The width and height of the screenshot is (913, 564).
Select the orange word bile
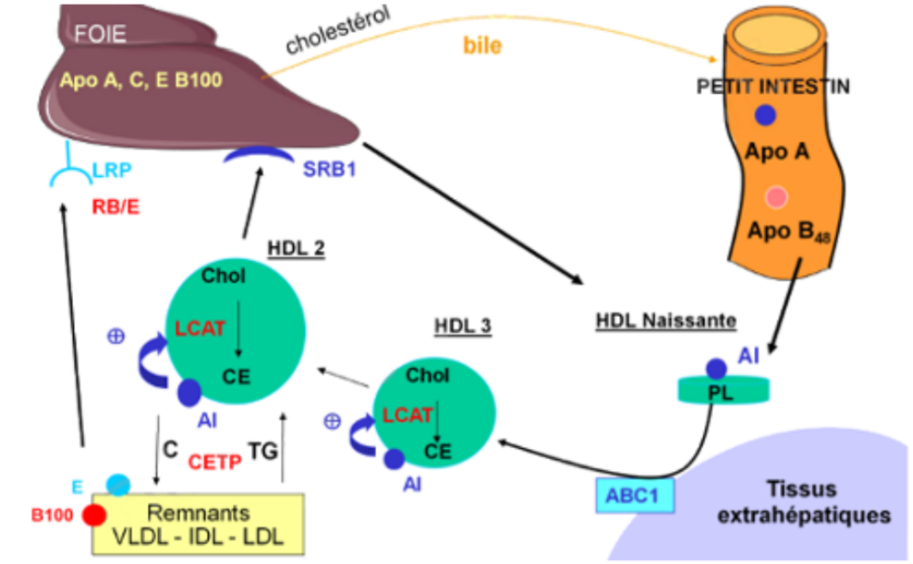[482, 44]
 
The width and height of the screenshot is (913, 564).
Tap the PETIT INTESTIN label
[773, 88]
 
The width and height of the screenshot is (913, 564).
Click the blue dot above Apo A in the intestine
[765, 116]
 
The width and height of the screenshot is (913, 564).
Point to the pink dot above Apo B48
[775, 197]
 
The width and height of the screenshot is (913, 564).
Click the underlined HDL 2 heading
[296, 247]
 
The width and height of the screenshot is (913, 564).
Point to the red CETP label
[215, 462]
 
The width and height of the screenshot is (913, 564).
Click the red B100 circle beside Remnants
[94, 515]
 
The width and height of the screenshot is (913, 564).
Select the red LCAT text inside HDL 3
[407, 414]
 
